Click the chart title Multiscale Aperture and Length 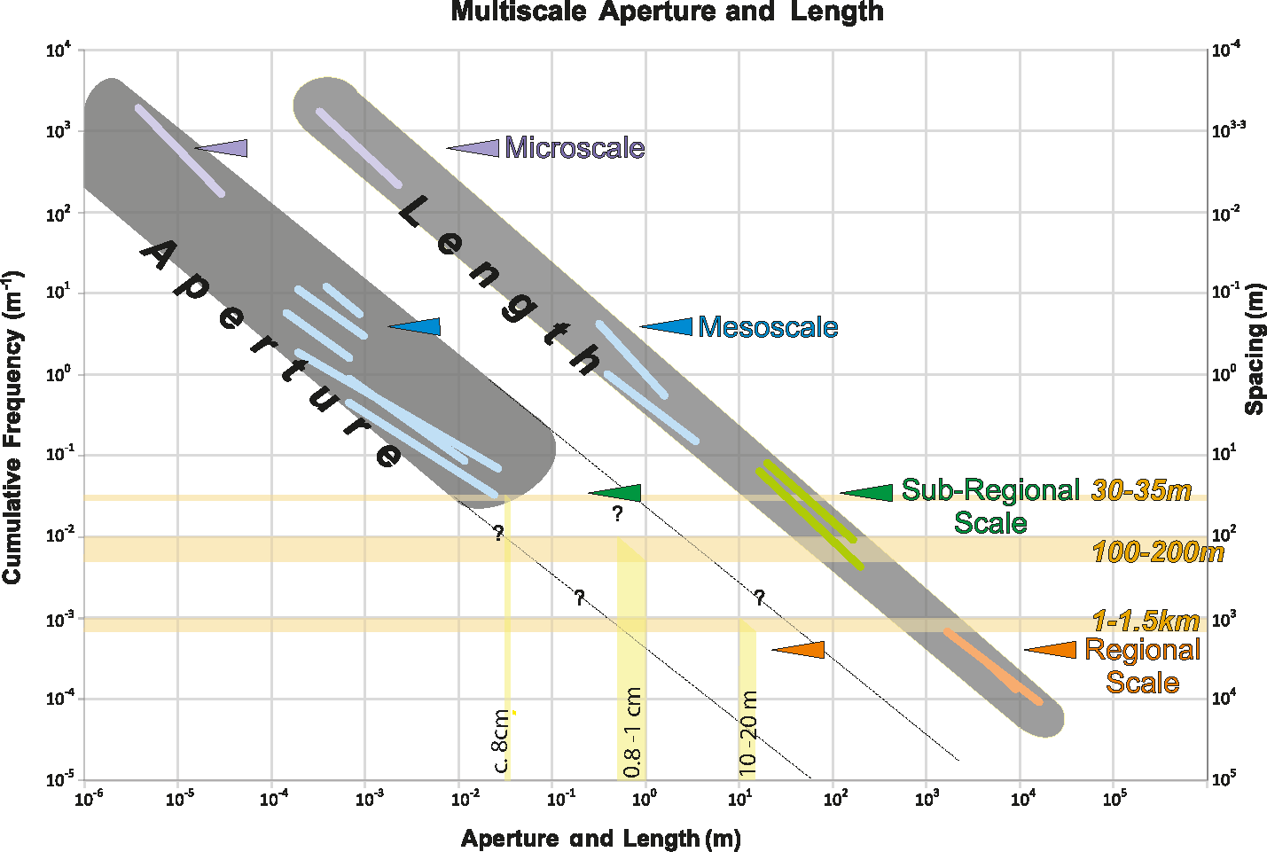coord(667,12)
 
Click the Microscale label coord(575,148)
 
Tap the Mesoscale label coord(768,327)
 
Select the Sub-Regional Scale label coord(990,506)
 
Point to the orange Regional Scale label coord(1142,666)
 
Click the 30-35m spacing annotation coord(1141,490)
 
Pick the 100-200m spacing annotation coord(1157,552)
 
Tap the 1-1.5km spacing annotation coord(1146,621)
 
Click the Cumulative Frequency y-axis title coord(12,426)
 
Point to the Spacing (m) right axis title coord(1255,349)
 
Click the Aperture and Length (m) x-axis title coord(600,839)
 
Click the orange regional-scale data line coord(993,666)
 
